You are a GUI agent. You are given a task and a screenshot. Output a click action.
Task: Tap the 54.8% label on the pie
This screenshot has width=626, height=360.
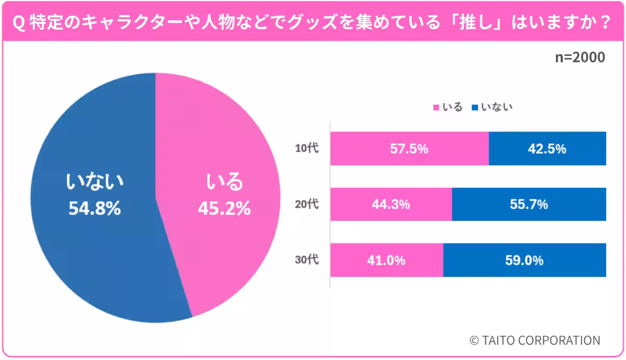tap(95, 208)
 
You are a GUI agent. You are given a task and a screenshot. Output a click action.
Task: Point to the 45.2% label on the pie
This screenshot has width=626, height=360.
tap(224, 208)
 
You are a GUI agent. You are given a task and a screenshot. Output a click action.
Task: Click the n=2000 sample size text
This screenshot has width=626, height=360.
tap(580, 57)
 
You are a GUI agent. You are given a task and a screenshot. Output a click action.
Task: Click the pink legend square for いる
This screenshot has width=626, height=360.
tap(436, 107)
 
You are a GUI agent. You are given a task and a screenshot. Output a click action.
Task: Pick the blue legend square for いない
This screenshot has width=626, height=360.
tap(475, 107)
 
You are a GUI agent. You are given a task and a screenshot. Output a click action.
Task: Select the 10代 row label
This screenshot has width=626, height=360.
tap(307, 148)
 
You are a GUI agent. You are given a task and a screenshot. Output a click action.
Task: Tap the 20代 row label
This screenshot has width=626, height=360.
tap(307, 204)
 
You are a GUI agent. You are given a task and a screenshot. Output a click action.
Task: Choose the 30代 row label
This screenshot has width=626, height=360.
tap(307, 260)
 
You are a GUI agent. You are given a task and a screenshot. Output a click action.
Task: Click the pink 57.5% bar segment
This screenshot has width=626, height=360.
tap(410, 148)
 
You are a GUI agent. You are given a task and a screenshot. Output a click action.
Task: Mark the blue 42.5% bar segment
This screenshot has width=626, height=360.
tap(547, 148)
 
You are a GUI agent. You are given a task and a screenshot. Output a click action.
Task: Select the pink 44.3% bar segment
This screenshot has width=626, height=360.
tap(391, 205)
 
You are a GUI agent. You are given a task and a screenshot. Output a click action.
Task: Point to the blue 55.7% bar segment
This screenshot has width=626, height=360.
tap(529, 205)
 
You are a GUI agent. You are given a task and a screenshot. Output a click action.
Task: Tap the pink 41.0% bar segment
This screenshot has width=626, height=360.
tap(387, 260)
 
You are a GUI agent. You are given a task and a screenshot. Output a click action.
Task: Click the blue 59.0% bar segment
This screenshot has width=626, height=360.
tap(525, 260)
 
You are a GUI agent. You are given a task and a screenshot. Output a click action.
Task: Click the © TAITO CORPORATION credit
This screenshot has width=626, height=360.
tap(535, 340)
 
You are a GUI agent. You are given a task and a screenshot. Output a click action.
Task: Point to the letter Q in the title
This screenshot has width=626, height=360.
tap(18, 22)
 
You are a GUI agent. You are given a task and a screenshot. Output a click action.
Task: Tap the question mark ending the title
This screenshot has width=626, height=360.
tap(606, 22)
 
